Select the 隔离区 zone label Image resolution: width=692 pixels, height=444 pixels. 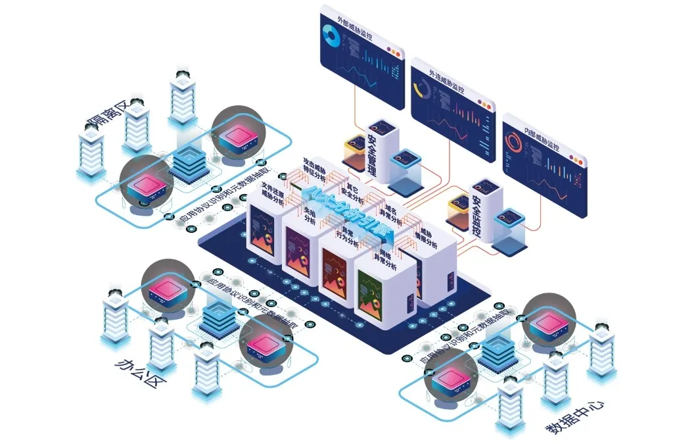pos(109,112)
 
